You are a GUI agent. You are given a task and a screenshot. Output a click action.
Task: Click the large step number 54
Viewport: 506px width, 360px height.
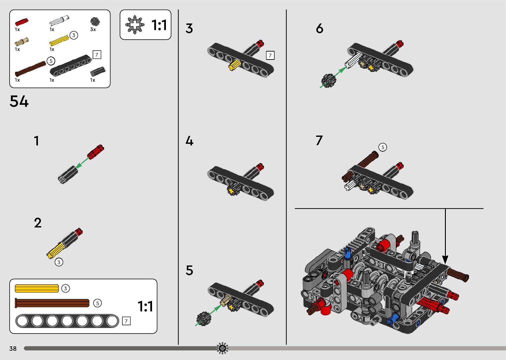pyautogui.click(x=19, y=101)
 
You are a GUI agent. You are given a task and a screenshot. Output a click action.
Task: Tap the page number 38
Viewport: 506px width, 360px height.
pyautogui.click(x=13, y=348)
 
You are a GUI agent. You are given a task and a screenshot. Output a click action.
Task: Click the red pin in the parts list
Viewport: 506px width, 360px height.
pyautogui.click(x=22, y=22)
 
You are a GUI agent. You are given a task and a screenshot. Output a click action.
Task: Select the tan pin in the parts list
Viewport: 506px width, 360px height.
pyautogui.click(x=22, y=42)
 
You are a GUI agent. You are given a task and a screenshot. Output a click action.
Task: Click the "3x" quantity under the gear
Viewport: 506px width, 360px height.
pyautogui.click(x=93, y=29)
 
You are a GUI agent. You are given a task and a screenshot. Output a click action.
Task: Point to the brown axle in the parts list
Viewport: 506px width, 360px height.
pyautogui.click(x=30, y=69)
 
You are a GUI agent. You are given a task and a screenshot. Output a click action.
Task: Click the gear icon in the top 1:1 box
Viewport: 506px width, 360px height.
pyautogui.click(x=135, y=25)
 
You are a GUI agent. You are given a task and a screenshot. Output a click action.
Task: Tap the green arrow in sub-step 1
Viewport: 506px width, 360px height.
pyautogui.click(x=82, y=163)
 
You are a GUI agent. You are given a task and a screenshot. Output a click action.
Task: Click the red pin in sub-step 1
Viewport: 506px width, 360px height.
pyautogui.click(x=96, y=152)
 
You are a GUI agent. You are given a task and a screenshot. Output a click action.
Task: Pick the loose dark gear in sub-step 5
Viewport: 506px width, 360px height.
pyautogui.click(x=204, y=319)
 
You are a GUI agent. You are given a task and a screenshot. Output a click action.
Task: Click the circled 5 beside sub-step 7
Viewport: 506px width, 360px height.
pyautogui.click(x=383, y=147)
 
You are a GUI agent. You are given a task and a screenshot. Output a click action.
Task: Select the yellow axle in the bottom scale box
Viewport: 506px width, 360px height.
pyautogui.click(x=37, y=288)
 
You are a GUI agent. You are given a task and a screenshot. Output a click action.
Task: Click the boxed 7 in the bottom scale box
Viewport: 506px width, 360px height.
pyautogui.click(x=126, y=321)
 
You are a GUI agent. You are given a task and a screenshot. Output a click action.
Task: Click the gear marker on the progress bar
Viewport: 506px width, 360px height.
pyautogui.click(x=222, y=348)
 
